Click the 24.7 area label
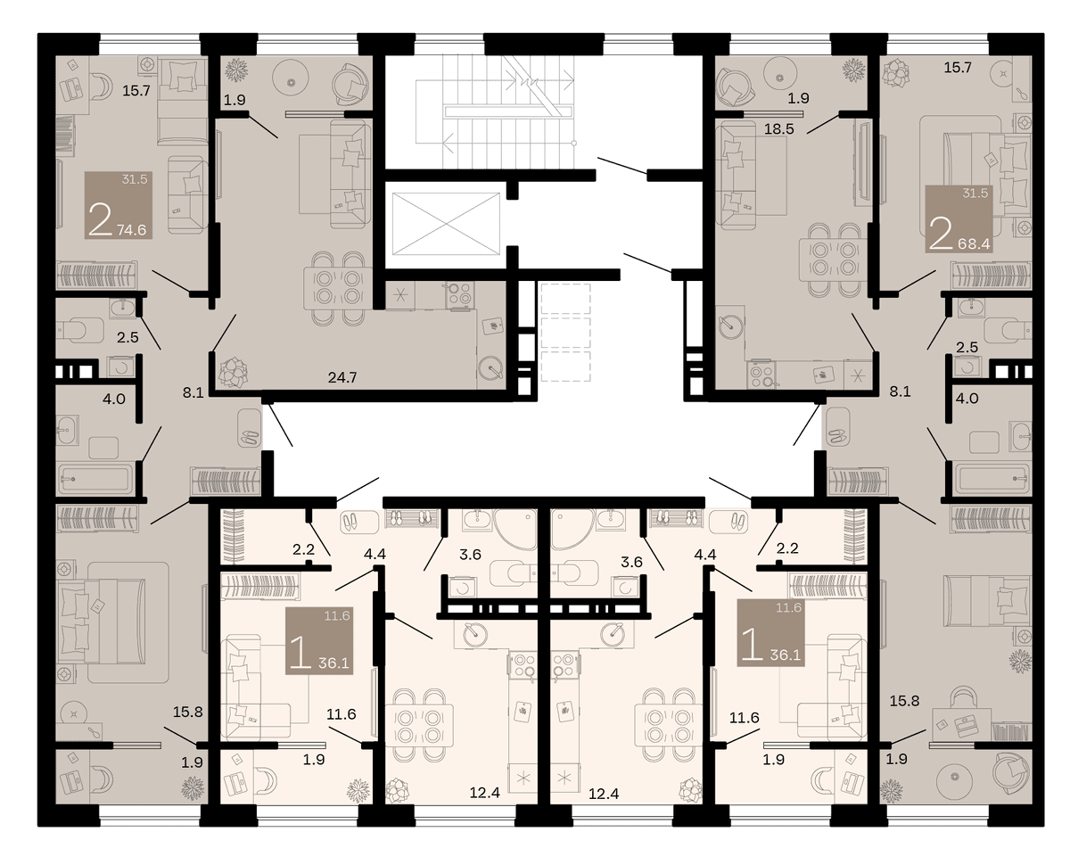(x=342, y=376)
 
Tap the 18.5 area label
(x=778, y=129)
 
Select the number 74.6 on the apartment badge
(x=132, y=230)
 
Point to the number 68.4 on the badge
(x=974, y=244)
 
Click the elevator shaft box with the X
(x=446, y=224)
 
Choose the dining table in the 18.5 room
(x=834, y=259)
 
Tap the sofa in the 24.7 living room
(x=350, y=174)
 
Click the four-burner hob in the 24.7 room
(x=460, y=294)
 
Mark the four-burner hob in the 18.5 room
(x=761, y=375)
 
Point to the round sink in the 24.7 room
(x=490, y=368)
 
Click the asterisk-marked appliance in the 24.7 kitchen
(x=400, y=295)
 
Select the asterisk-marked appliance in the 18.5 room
(x=858, y=375)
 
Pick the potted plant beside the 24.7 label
(x=233, y=373)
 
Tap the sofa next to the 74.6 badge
(x=187, y=194)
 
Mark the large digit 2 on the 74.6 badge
(x=100, y=221)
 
